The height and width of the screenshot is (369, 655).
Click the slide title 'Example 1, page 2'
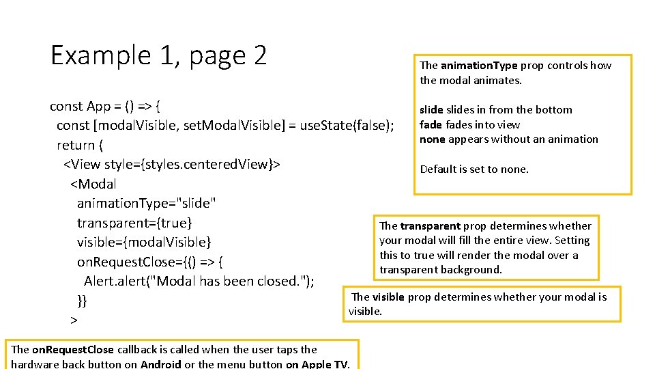[158, 55]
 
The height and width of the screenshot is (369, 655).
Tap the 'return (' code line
[80, 145]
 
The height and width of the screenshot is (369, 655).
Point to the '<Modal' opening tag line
[93, 184]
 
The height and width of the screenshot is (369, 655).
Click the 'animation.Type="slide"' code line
[147, 204]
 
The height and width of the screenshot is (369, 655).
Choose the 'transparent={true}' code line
[134, 223]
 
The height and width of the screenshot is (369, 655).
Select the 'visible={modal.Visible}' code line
[144, 243]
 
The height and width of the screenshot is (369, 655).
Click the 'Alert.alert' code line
[199, 281]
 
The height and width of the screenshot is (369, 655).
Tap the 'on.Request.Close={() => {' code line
[151, 262]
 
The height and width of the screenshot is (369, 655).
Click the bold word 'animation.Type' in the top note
[479, 66]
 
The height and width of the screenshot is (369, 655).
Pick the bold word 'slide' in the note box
[431, 109]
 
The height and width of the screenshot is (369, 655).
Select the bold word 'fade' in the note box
[431, 124]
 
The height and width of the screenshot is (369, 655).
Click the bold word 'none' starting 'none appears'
[432, 139]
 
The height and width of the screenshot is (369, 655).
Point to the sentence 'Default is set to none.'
[474, 169]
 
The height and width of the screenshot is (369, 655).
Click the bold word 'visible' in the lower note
[388, 297]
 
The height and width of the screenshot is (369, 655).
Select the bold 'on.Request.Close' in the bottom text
[73, 350]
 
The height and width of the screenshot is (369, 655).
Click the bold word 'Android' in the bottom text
[161, 364]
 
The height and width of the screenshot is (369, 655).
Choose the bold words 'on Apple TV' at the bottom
[317, 364]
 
